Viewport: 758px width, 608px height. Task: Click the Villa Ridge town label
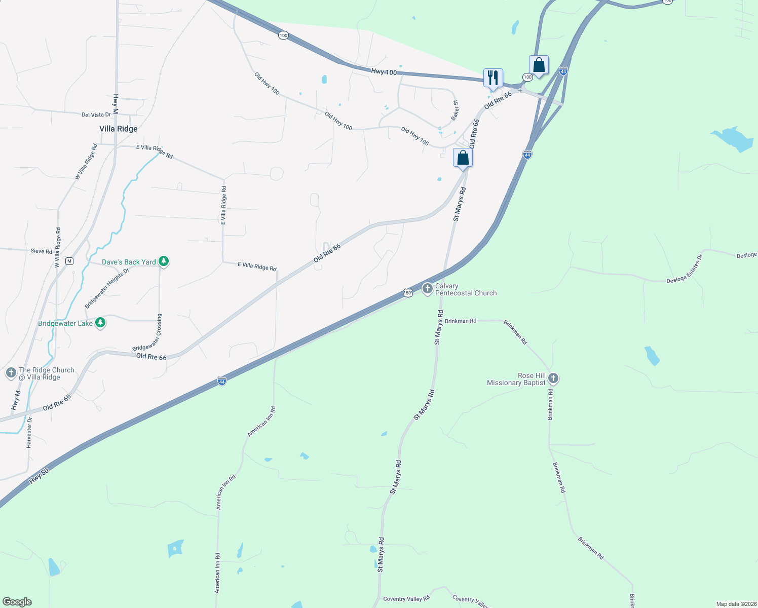[119, 129]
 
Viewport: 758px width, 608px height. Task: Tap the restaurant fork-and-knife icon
[493, 78]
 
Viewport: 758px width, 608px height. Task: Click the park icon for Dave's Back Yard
[163, 261]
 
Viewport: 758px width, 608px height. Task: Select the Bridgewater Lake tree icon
[100, 323]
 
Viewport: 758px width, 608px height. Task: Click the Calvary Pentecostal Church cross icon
[427, 289]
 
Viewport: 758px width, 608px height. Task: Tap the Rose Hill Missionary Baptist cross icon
[553, 378]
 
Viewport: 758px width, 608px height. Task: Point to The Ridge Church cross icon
[11, 373]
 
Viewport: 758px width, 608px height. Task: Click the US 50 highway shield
[408, 293]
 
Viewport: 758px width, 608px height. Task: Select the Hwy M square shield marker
[69, 261]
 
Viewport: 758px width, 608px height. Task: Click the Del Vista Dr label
[96, 115]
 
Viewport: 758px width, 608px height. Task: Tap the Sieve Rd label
[41, 251]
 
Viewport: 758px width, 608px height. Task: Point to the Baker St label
[455, 110]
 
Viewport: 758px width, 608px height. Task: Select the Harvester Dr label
[29, 432]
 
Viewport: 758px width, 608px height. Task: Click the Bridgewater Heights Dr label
[107, 288]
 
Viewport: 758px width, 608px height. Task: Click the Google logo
[17, 602]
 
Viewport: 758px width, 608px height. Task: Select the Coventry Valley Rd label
[406, 599]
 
